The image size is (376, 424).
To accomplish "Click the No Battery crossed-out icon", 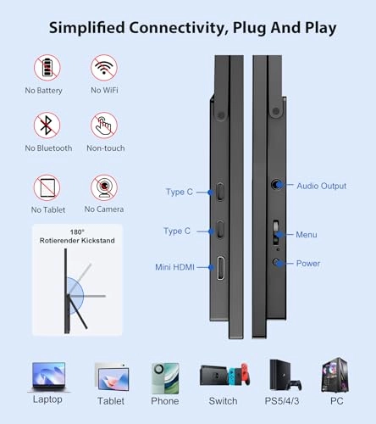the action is [47, 68].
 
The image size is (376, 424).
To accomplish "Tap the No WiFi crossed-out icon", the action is [104, 68].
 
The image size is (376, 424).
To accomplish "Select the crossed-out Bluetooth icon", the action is [47, 126].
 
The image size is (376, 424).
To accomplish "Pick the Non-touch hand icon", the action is [104, 126].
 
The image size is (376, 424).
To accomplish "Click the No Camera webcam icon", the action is [104, 187].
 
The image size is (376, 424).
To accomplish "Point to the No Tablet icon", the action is [47, 187].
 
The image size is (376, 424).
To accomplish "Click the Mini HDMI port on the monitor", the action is [221, 268].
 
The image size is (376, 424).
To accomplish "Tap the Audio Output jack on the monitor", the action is [277, 185].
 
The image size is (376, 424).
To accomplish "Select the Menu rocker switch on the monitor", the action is [276, 232].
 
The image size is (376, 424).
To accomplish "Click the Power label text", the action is [308, 264].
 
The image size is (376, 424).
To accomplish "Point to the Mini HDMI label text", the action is [174, 267].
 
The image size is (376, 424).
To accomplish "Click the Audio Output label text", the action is [321, 186].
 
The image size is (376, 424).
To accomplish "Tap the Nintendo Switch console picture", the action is [224, 376].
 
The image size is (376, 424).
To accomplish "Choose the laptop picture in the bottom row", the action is [48, 377].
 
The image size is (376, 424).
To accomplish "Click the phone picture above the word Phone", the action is [165, 378].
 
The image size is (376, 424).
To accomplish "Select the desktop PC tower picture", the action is [336, 376].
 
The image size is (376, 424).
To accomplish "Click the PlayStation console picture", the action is [285, 375].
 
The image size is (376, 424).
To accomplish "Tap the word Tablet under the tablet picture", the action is [111, 401].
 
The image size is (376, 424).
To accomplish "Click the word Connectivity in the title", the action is [179, 28].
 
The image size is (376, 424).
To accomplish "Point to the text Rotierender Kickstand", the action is [77, 241].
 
